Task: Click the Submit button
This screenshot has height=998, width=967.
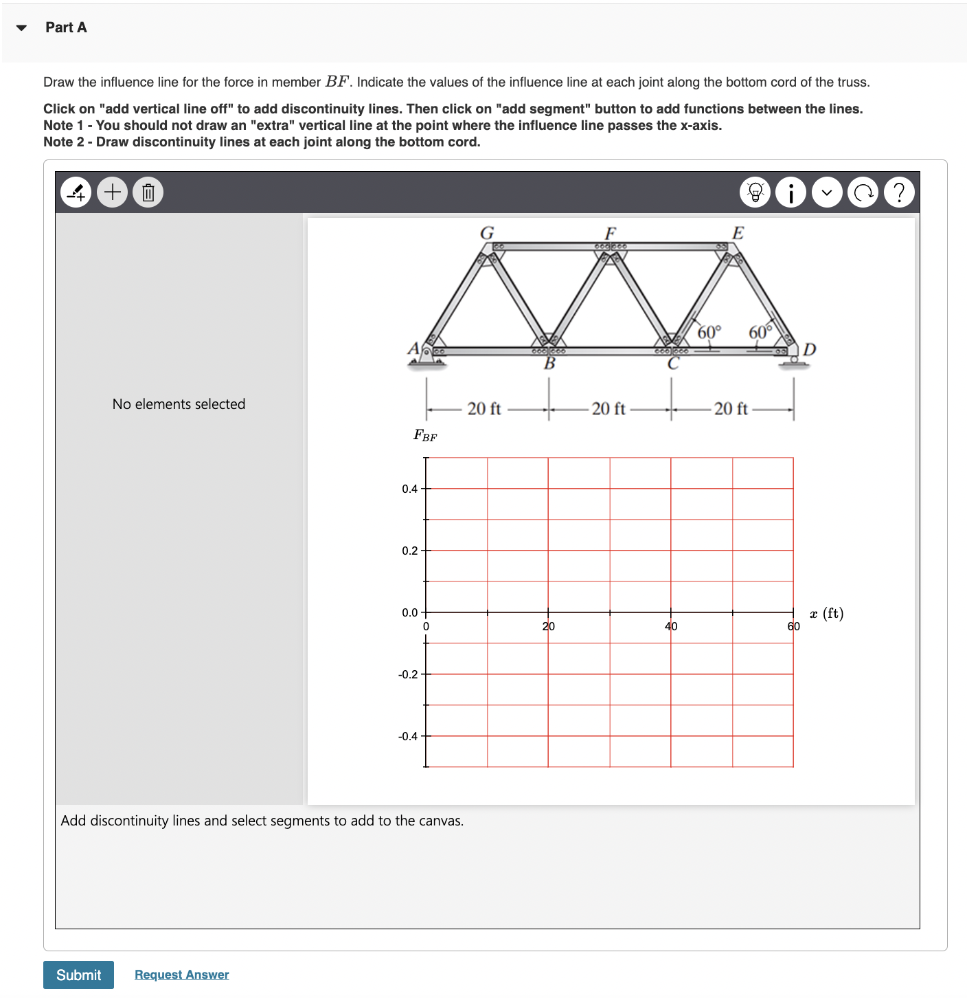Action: pos(78,975)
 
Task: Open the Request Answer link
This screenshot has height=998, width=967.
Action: pos(181,975)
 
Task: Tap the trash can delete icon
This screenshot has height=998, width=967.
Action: pos(148,192)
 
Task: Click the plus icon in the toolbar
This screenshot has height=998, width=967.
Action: pos(113,192)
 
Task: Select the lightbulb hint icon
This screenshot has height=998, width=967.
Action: pos(755,192)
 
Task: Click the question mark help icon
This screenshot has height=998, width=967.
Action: pos(899,192)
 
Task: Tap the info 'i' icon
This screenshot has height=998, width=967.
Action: pos(791,192)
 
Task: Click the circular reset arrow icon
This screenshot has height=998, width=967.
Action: pos(863,192)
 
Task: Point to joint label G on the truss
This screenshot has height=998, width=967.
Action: pos(487,233)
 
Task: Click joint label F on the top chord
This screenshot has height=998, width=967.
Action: pos(610,233)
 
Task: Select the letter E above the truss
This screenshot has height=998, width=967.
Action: pos(738,233)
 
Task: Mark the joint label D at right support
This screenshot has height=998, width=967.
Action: pos(809,349)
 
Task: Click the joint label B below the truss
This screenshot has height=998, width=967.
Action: pos(549,364)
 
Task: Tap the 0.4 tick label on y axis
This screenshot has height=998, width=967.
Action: pos(409,489)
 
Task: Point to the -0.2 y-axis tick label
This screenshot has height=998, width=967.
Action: pos(408,674)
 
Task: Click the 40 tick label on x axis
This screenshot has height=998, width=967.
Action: pos(671,626)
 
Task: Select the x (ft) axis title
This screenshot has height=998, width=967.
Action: pos(826,613)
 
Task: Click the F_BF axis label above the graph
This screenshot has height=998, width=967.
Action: pos(425,435)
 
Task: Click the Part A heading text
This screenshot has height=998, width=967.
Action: pos(66,27)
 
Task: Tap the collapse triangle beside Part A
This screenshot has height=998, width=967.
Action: pos(22,28)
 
